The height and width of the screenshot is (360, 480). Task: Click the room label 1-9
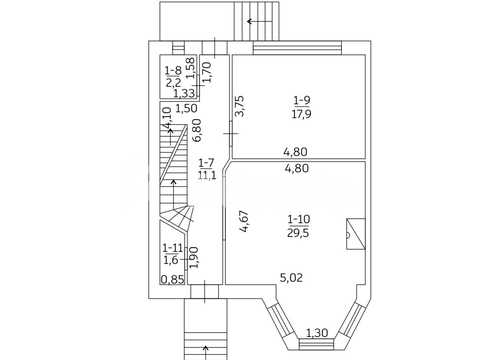tap(302, 100)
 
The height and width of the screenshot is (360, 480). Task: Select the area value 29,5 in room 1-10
tap(298, 233)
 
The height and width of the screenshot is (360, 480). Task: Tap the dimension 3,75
tap(240, 106)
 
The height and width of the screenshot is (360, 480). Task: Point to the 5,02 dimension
tap(291, 278)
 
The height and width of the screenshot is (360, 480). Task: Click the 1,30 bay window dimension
tap(317, 333)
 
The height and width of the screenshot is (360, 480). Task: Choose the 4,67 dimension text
tap(243, 221)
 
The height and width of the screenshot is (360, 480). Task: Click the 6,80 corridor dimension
tap(196, 130)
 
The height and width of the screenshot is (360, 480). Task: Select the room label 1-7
tap(206, 163)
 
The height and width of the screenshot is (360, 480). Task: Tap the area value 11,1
tap(207, 175)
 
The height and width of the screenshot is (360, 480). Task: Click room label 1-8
tap(173, 71)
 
